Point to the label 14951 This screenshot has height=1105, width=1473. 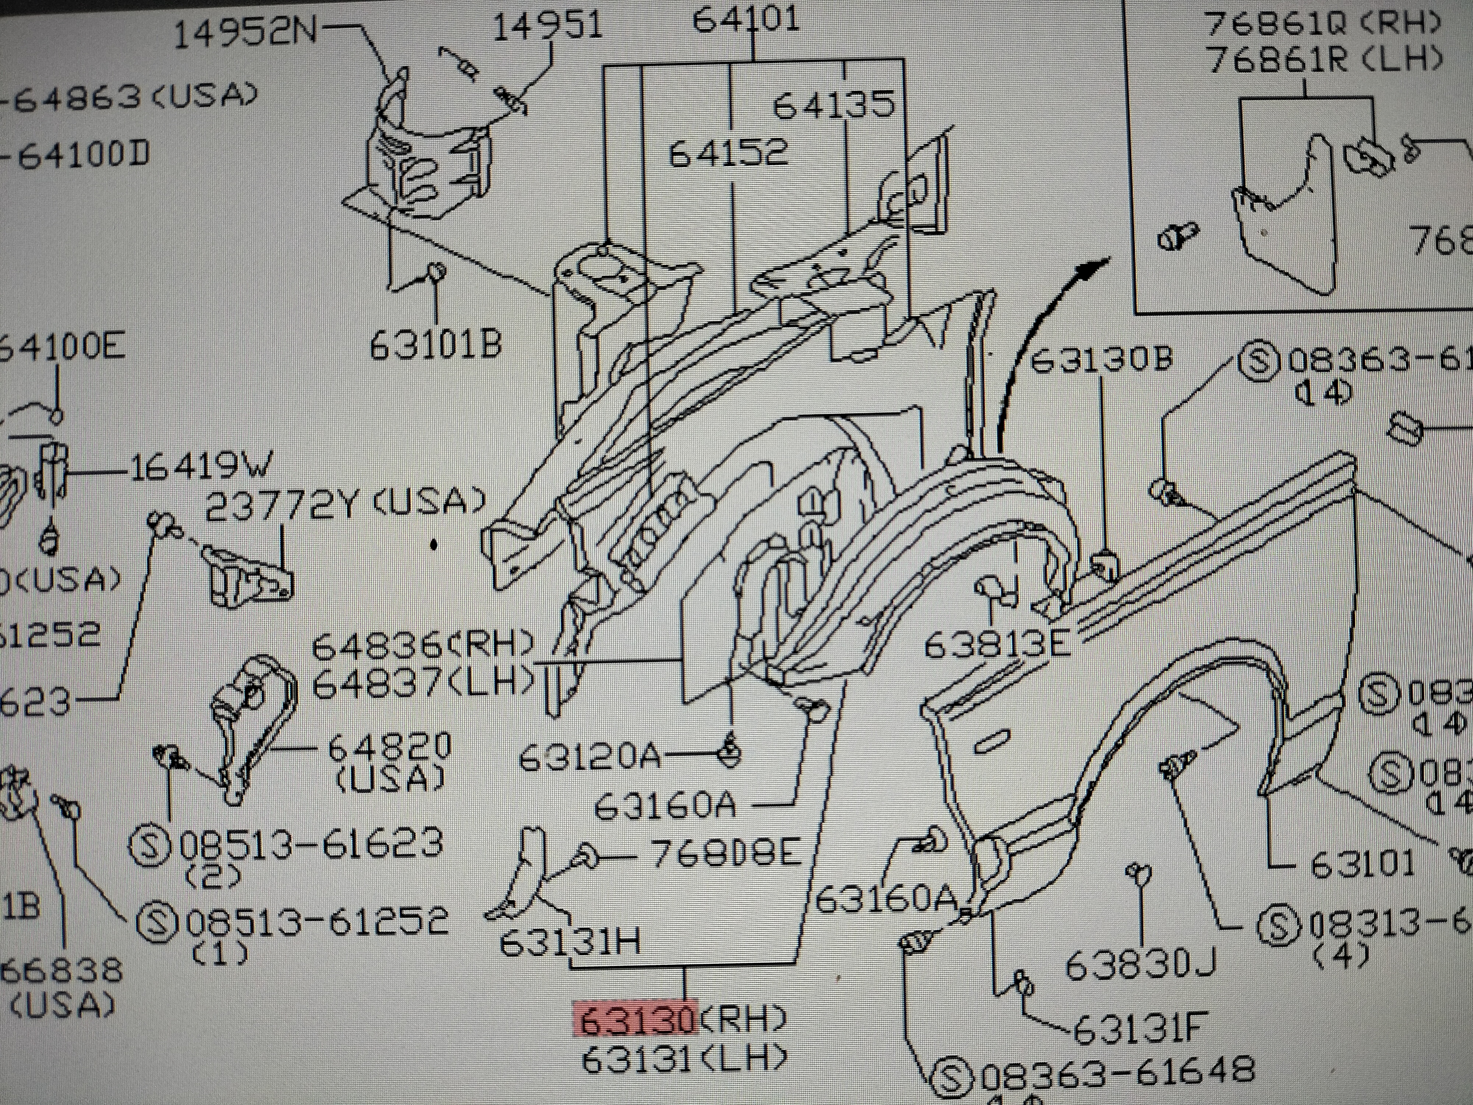547,27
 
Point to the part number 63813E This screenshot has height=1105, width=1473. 997,644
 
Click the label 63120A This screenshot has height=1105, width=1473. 589,756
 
